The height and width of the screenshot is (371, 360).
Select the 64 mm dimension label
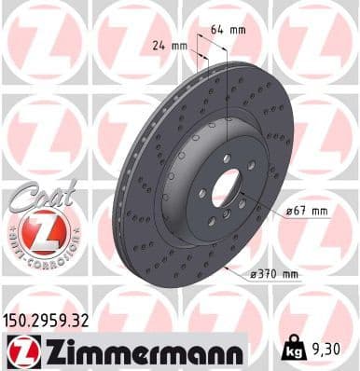227,30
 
